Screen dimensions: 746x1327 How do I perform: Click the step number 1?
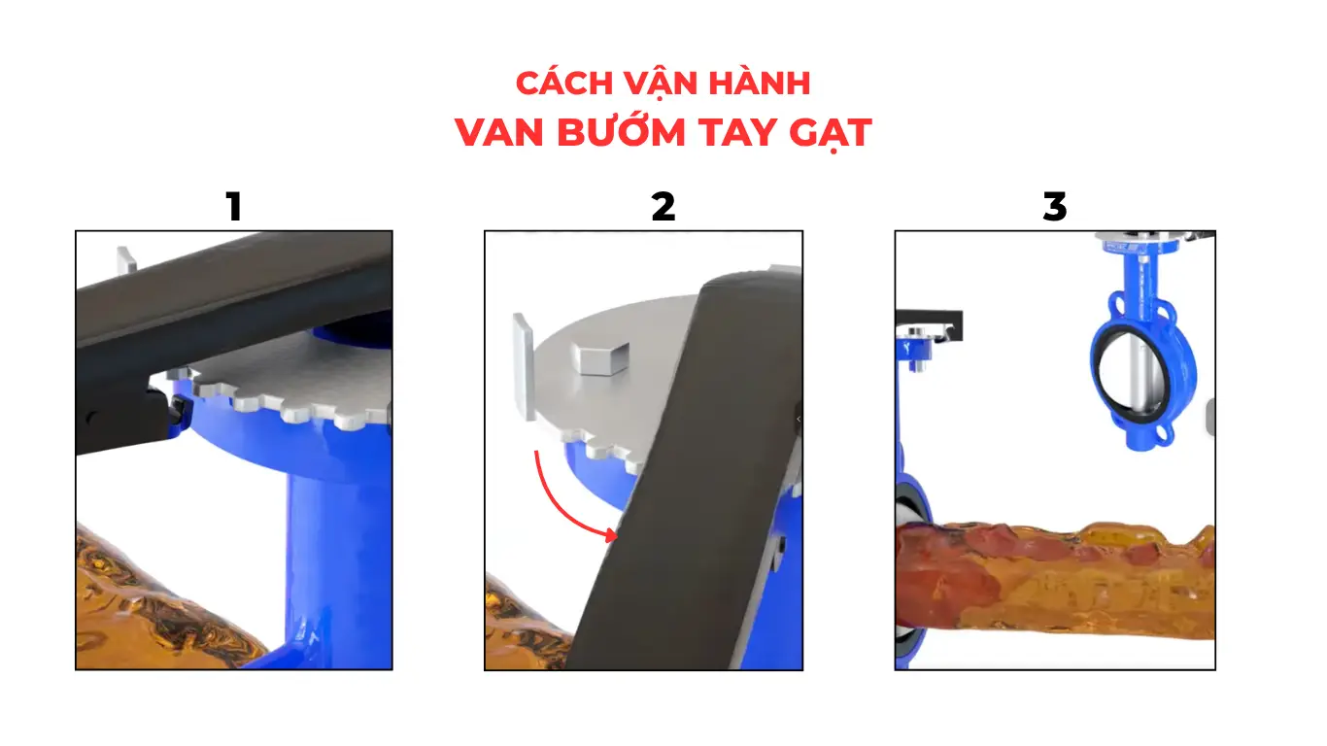pos(233,207)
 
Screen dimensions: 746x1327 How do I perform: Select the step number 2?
pos(663,207)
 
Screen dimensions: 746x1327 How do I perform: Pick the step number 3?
pos(1054,207)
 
